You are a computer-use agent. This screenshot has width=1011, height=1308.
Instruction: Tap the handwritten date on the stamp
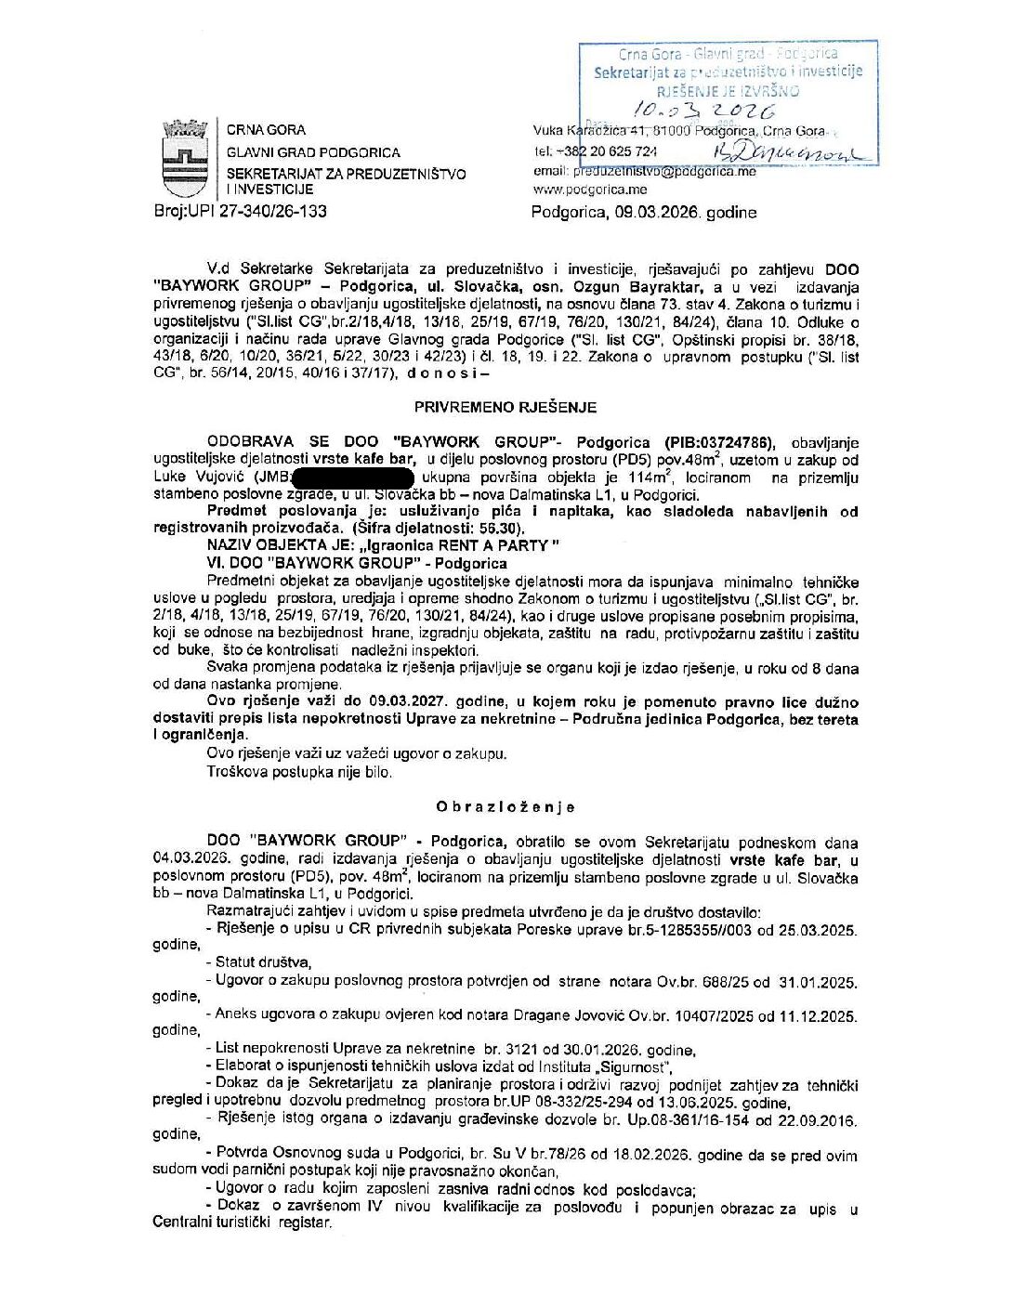point(716,111)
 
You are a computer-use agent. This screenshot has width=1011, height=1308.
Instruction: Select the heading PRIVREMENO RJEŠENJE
point(505,407)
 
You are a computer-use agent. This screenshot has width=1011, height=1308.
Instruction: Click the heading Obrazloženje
point(505,807)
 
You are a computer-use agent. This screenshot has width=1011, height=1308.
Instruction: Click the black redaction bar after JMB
point(352,478)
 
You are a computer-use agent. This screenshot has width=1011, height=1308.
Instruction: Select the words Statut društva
point(263,962)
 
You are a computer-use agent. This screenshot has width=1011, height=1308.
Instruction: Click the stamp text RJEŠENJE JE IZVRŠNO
point(728,91)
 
